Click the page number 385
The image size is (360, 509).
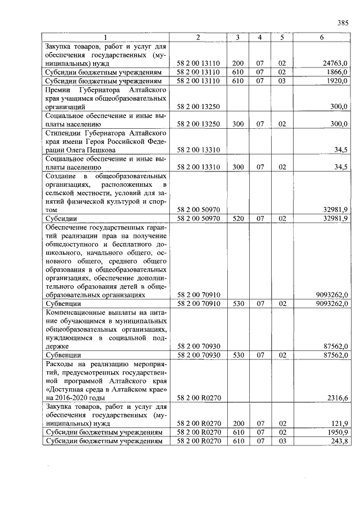[x=343, y=23]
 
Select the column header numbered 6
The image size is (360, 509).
[x=321, y=37]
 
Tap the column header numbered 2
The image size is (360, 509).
[x=198, y=37]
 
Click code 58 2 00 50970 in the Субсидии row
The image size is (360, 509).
[x=198, y=218]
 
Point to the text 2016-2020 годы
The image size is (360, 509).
[x=76, y=398]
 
